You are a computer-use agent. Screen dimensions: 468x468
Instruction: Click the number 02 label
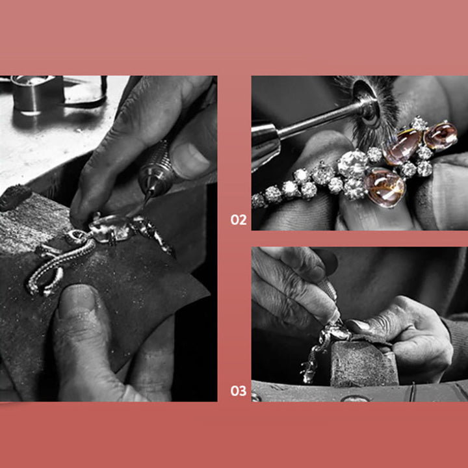(239, 220)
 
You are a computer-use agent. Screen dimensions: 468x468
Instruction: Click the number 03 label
(239, 391)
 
